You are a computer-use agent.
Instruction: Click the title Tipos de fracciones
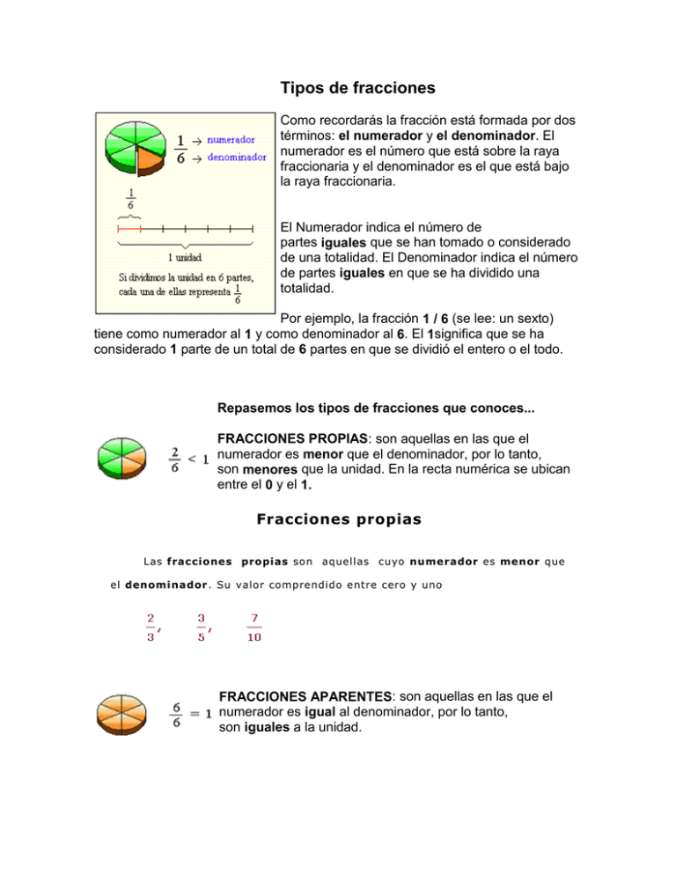pyautogui.click(x=356, y=89)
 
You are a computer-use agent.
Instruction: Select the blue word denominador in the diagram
pyautogui.click(x=237, y=157)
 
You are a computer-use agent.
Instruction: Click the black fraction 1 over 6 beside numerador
pyautogui.click(x=180, y=149)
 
